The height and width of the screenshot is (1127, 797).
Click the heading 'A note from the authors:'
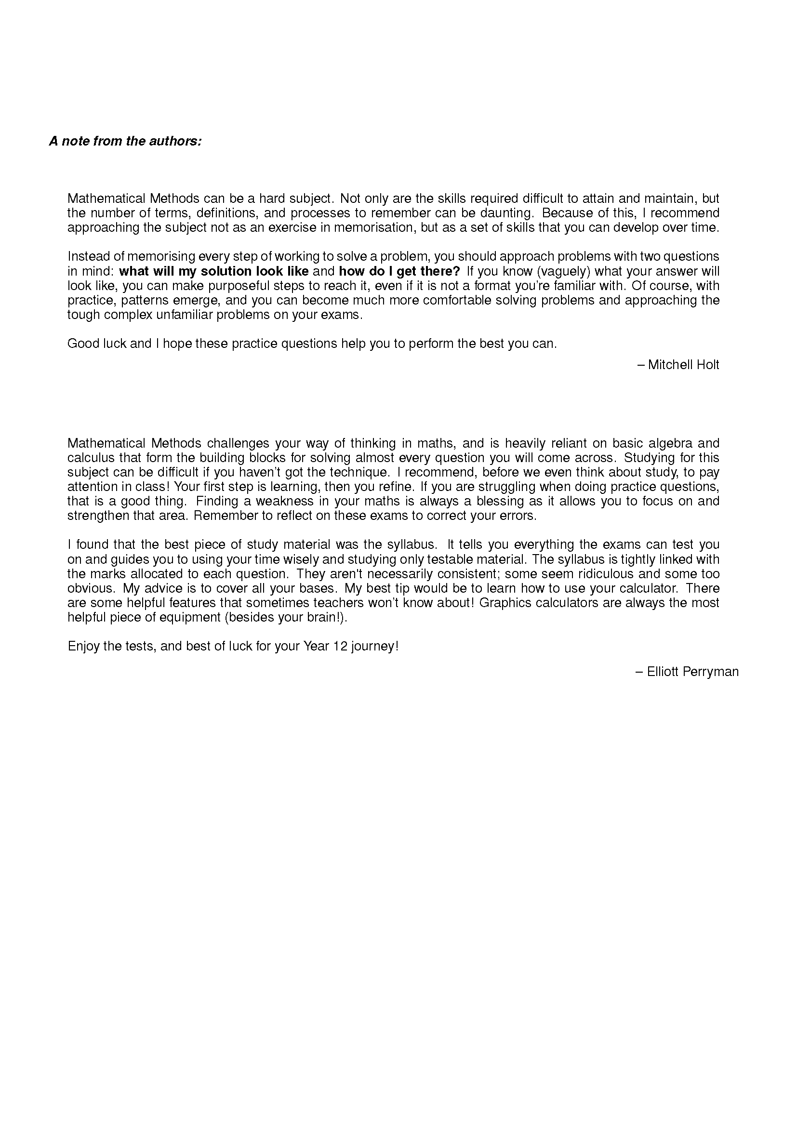pyautogui.click(x=125, y=141)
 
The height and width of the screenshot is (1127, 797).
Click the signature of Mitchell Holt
pyautogui.click(x=683, y=365)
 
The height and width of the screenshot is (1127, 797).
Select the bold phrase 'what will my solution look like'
pyautogui.click(x=213, y=271)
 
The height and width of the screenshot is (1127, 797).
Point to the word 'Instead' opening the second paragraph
pyautogui.click(x=85, y=257)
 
